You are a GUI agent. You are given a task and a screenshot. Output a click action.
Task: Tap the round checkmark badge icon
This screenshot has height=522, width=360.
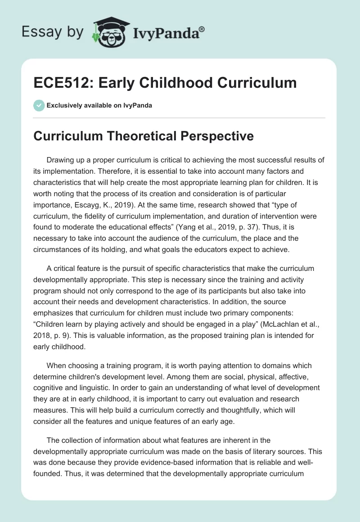[x=39, y=105]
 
